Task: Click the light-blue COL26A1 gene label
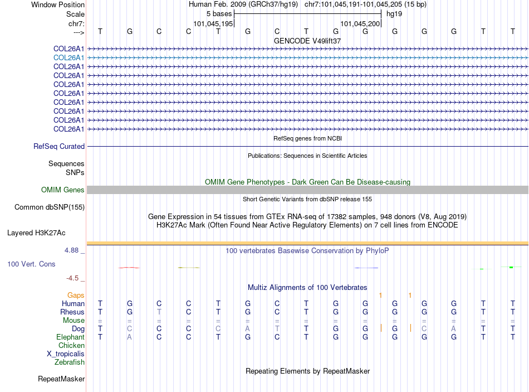click(x=68, y=57)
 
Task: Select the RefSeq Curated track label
click(x=58, y=147)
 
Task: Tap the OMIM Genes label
click(x=62, y=190)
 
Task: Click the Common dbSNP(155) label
click(x=49, y=207)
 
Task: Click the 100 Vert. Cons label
click(x=31, y=264)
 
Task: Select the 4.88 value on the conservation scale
click(x=72, y=250)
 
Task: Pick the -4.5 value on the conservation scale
click(x=72, y=278)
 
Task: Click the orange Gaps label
click(x=76, y=295)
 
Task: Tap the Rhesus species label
click(x=73, y=312)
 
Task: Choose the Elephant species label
click(x=70, y=337)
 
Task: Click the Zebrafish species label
click(x=70, y=362)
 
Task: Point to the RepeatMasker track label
click(x=61, y=379)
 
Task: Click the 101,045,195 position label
click(x=213, y=23)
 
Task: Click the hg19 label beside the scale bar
click(x=394, y=13)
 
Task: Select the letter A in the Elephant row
click(x=130, y=337)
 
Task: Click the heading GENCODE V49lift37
click(x=307, y=41)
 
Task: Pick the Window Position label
click(x=58, y=4)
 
